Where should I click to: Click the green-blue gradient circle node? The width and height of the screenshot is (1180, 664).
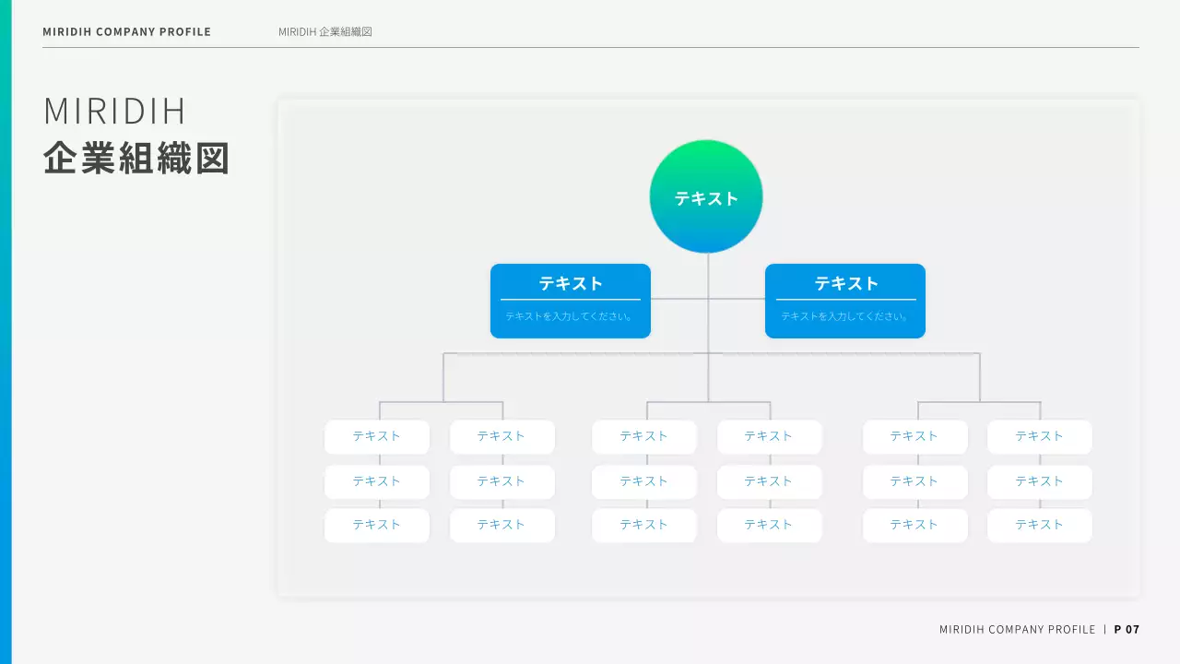pos(706,196)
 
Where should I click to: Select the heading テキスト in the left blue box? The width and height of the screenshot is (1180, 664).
pos(571,284)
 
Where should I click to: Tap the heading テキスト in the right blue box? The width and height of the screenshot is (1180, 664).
pos(846,284)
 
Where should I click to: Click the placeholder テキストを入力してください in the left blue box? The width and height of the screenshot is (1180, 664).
pos(570,316)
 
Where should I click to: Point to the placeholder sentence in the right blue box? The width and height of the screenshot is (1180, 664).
pos(845,316)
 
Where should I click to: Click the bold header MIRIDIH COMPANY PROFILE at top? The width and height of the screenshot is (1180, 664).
pos(127,31)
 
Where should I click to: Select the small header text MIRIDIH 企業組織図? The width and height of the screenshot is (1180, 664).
pos(325,31)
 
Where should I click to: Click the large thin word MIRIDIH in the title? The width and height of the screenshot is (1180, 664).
pos(115,112)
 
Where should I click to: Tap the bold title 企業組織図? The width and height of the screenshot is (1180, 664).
pos(136,159)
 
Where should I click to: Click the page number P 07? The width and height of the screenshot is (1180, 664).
pos(1127,630)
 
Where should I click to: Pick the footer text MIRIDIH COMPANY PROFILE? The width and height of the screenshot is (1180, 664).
pos(1017,630)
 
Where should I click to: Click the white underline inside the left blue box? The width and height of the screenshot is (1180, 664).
pos(571,300)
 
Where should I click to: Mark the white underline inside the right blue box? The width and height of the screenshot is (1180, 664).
pos(846,300)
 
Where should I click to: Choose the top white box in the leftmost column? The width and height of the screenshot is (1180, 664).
pos(377,436)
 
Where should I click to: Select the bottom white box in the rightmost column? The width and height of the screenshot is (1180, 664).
pos(1040,525)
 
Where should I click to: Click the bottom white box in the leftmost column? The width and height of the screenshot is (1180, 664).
pos(377,525)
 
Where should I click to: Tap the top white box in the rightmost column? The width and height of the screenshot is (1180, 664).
pos(1040,436)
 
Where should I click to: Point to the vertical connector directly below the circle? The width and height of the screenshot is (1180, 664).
pos(708,276)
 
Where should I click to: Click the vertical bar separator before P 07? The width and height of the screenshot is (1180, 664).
pos(1105,630)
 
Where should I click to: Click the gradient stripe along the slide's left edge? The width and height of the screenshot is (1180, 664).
pos(6,332)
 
